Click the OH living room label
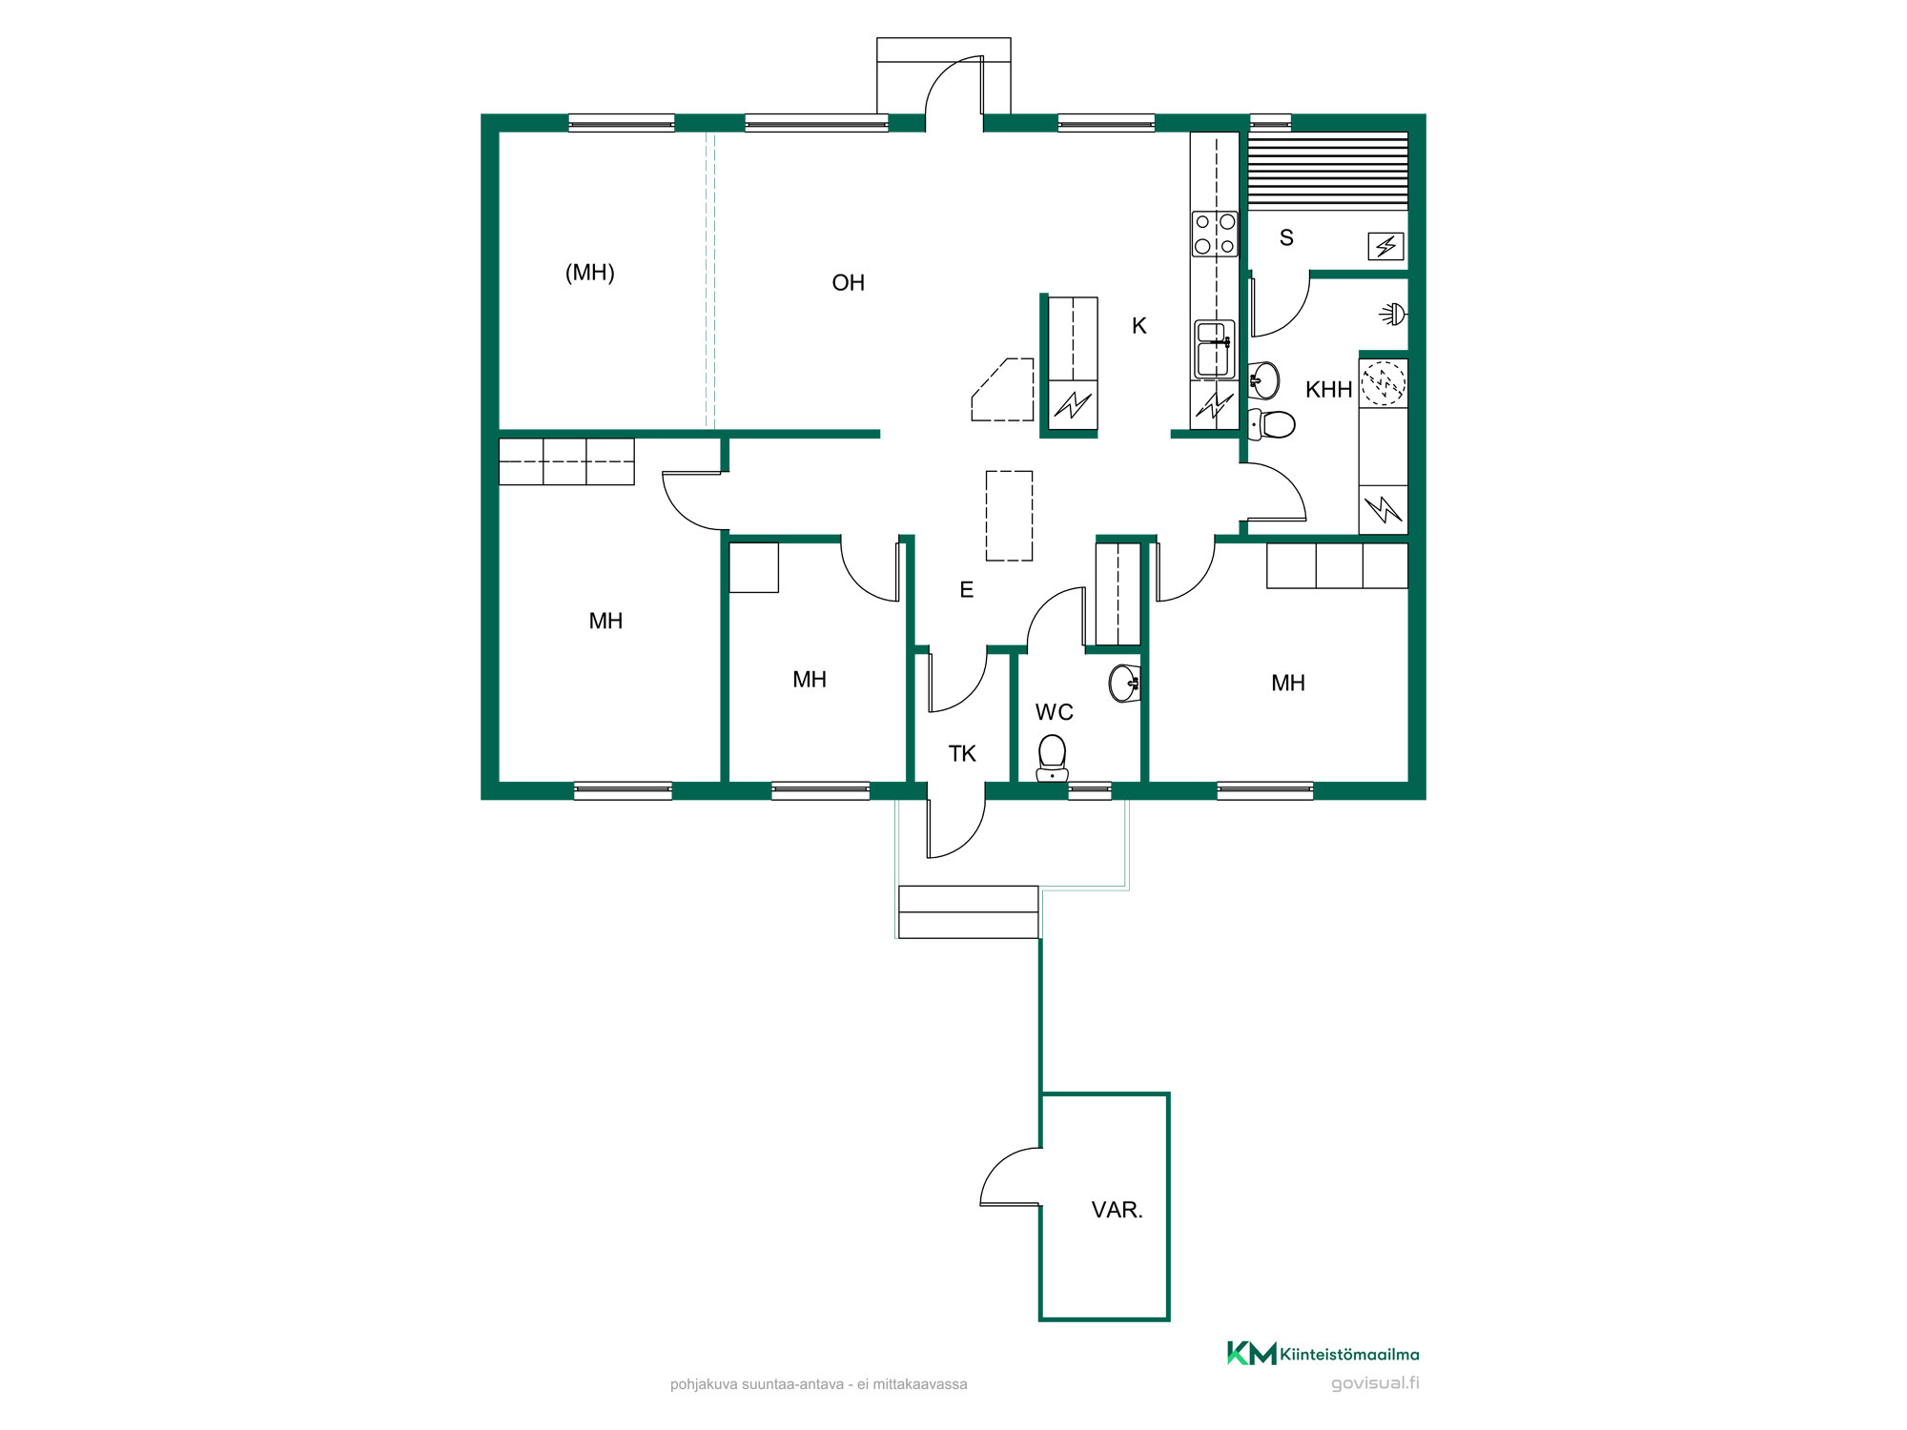point(848,283)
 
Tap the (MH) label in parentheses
point(590,273)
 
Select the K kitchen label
point(1138,326)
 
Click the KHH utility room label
point(1328,390)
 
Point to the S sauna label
point(1286,238)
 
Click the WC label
point(1054,712)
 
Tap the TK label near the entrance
point(962,754)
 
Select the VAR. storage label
point(1117,1210)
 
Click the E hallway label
point(966,590)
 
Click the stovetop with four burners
point(1215,234)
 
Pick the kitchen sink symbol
point(1215,349)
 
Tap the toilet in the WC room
point(1052,759)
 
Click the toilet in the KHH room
point(1270,424)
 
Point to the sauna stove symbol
point(1385,247)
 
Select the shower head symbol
point(1394,314)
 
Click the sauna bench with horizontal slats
point(1327,171)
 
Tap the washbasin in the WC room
point(1124,683)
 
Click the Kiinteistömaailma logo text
point(1349,1355)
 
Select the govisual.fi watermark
point(1375,1383)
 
